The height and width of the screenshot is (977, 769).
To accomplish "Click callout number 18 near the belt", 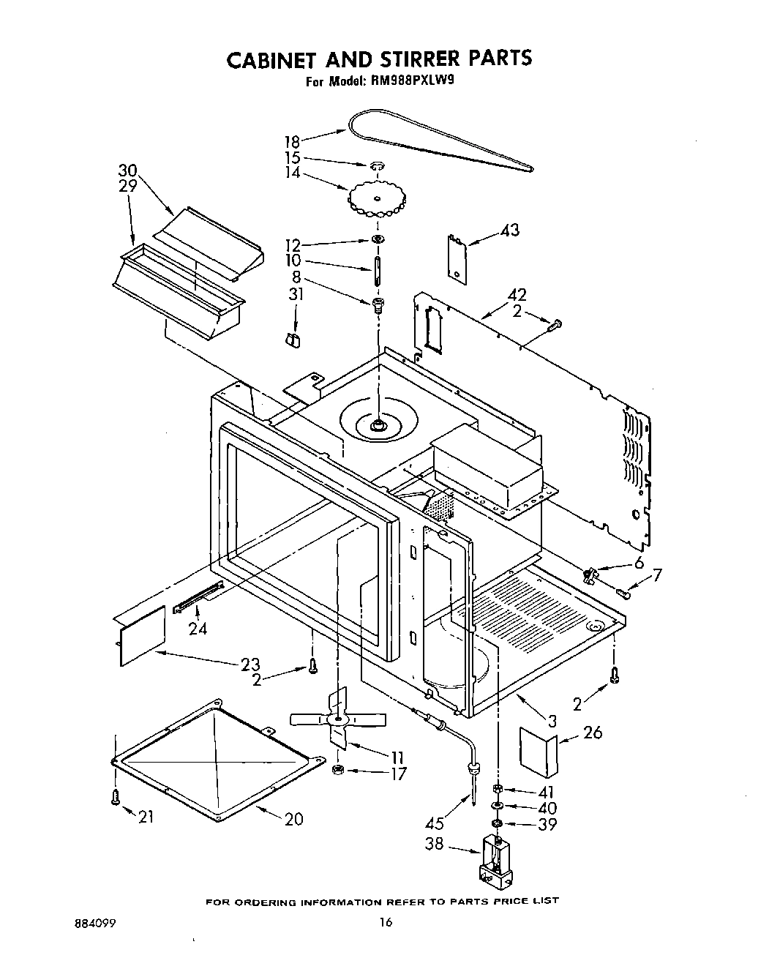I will (x=292, y=141).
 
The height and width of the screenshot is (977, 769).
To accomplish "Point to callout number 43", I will (x=509, y=231).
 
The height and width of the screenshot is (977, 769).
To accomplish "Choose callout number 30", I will (x=128, y=171).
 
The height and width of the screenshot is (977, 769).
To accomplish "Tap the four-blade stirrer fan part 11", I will (x=338, y=720).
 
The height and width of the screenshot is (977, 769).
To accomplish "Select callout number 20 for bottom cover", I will (x=293, y=819).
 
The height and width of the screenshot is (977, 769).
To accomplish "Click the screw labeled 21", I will (x=114, y=798).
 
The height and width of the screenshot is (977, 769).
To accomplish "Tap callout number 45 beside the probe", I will (x=434, y=823).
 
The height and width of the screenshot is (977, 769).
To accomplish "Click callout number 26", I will (x=593, y=732).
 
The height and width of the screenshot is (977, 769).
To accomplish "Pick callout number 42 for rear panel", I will (x=518, y=296).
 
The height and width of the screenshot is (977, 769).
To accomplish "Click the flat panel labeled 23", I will (x=141, y=628).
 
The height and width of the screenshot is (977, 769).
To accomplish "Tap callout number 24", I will (x=198, y=628).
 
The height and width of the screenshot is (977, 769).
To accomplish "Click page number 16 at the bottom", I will (x=386, y=943).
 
